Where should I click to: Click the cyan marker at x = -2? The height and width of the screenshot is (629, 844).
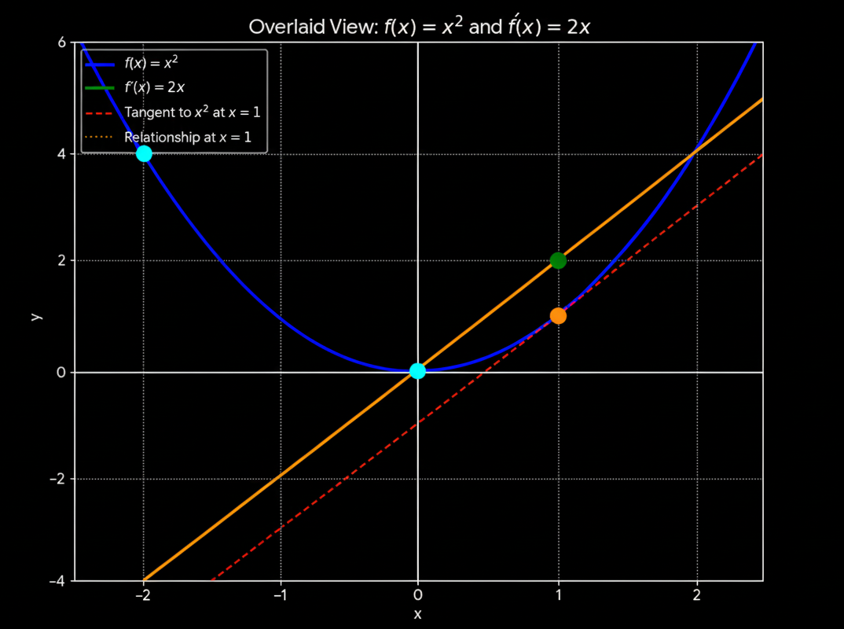tap(144, 153)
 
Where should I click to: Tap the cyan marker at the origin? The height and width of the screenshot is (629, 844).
tap(417, 371)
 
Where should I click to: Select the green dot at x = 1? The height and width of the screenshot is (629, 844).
tap(558, 260)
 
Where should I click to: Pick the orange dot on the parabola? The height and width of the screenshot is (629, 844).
tap(558, 316)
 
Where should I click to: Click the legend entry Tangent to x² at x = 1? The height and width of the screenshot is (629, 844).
tap(192, 112)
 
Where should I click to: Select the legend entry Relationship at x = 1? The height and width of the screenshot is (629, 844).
tap(188, 137)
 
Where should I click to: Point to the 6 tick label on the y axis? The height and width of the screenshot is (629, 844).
tap(61, 42)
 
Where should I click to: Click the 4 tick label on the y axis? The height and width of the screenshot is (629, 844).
tap(61, 154)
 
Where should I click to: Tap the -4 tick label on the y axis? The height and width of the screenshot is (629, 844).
tap(57, 582)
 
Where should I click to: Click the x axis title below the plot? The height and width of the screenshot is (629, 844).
tap(417, 614)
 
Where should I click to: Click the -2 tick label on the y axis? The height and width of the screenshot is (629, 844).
tap(57, 479)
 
